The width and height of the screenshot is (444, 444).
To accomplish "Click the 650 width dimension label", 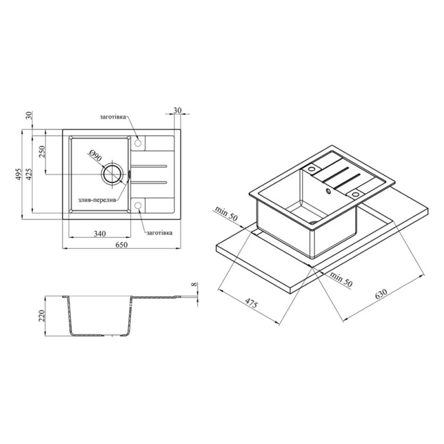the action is (121, 245).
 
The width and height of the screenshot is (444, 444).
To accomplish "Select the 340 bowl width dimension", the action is (100, 234).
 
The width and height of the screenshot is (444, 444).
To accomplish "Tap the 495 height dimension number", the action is (19, 174).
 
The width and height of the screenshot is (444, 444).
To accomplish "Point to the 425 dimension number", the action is (29, 174).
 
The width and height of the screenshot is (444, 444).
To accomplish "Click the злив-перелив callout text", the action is (97, 200).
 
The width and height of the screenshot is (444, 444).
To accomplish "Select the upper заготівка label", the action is (113, 117).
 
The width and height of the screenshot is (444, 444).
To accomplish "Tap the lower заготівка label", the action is (159, 233).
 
